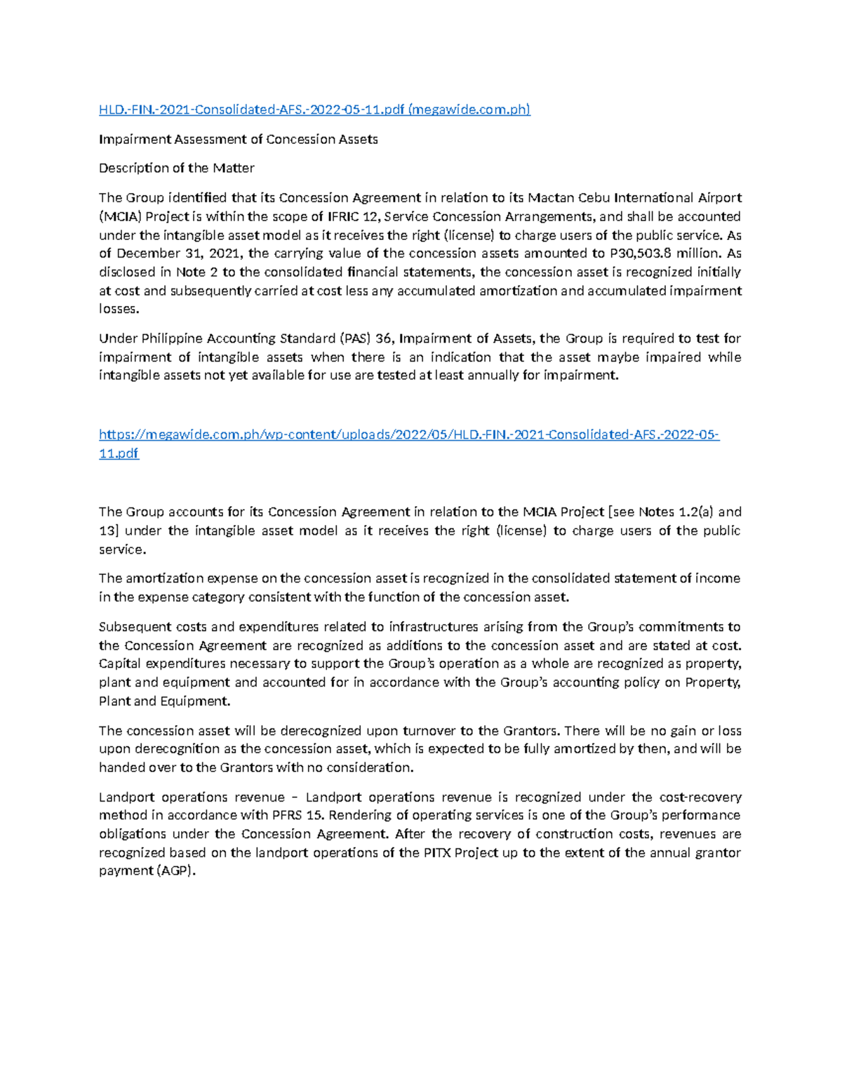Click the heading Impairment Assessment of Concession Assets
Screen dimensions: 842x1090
(x=238, y=139)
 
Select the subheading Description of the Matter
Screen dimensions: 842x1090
(x=176, y=168)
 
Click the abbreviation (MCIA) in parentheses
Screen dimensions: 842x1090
(x=120, y=216)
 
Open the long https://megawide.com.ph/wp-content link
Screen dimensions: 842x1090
(x=409, y=434)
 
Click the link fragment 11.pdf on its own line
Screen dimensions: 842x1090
(x=119, y=453)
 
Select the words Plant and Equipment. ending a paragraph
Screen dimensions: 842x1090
(x=164, y=701)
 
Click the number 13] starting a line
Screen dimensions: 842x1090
(x=108, y=531)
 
